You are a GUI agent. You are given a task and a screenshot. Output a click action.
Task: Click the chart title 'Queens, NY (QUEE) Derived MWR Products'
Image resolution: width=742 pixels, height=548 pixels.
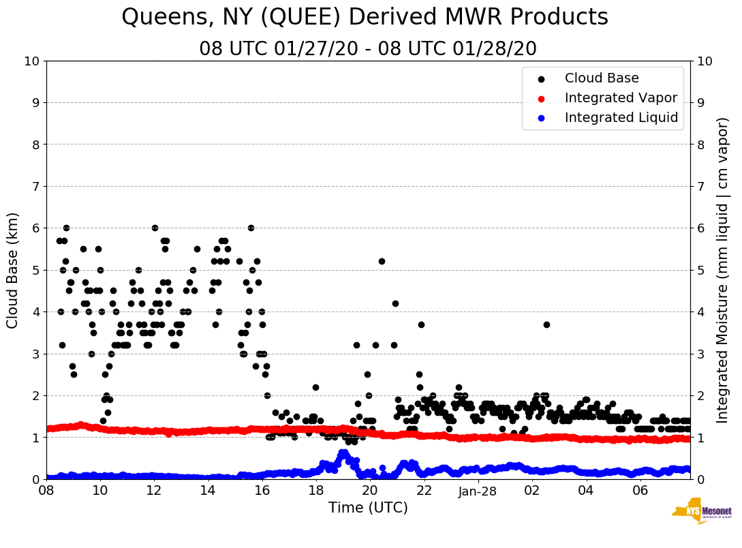point(365,18)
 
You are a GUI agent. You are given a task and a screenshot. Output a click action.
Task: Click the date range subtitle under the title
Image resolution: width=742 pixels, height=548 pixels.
point(367,49)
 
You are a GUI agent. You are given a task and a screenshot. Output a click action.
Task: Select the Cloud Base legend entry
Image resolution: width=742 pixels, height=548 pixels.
point(602,78)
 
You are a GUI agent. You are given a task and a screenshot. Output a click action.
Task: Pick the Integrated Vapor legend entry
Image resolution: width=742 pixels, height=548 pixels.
point(621,98)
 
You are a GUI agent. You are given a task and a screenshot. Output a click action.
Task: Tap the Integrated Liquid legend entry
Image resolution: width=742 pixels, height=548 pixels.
point(621,118)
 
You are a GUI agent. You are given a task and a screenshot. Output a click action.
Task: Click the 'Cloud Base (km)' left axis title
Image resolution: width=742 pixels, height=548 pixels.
point(13,270)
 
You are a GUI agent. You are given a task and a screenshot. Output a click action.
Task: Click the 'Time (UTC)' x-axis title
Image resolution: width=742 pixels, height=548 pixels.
point(368,508)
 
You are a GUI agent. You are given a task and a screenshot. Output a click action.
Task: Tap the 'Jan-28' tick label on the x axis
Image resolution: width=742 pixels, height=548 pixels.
point(478,491)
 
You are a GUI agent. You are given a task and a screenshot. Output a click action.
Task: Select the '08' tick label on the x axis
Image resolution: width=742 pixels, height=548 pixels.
point(46,491)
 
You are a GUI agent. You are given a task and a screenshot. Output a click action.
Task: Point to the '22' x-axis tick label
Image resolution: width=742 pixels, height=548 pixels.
point(424,491)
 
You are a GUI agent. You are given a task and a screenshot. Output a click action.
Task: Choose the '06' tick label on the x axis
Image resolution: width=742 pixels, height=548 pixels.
point(640,491)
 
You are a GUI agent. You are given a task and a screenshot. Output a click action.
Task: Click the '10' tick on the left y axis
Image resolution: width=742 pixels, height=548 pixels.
point(31,61)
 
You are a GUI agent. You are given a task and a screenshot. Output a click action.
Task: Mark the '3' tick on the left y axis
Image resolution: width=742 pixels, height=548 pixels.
point(35,354)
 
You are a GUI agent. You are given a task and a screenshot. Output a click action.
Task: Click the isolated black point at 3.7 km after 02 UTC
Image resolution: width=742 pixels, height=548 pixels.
point(546,324)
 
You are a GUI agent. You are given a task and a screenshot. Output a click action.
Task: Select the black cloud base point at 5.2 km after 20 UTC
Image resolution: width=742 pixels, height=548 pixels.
point(382,262)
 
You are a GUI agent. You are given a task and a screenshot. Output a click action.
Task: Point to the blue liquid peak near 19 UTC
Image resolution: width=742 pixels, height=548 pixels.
point(343,453)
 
